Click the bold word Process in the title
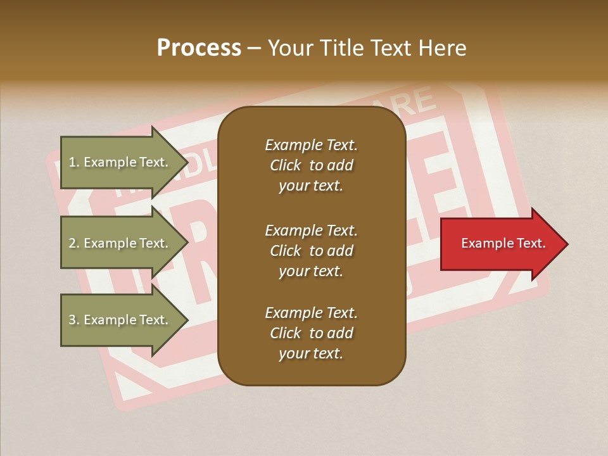pyautogui.click(x=199, y=47)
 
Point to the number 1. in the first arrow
pyautogui.click(x=74, y=162)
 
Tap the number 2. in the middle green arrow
pyautogui.click(x=74, y=243)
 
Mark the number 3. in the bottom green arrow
pyautogui.click(x=74, y=320)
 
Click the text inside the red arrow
pyautogui.click(x=503, y=243)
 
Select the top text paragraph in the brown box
pyautogui.click(x=311, y=165)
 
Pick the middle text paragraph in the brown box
pyautogui.click(x=311, y=251)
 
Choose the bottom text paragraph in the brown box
pyautogui.click(x=311, y=333)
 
